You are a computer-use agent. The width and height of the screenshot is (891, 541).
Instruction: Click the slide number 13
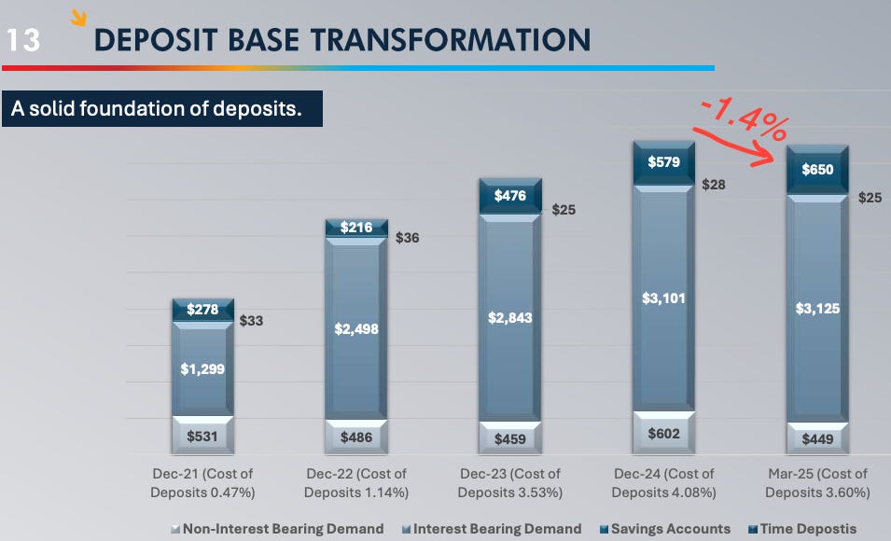[x=23, y=40]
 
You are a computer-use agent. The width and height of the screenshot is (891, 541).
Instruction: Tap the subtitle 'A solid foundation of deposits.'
[x=157, y=108]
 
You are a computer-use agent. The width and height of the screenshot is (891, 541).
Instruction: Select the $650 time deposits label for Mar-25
[x=817, y=170]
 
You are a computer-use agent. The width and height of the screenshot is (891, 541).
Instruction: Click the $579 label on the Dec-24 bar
[x=663, y=162]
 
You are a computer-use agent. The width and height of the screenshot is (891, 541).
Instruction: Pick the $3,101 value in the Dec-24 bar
[x=663, y=298]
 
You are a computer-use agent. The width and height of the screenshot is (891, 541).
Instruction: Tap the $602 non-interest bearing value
[x=663, y=433]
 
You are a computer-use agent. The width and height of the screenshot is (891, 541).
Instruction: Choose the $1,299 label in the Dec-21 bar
[x=202, y=368]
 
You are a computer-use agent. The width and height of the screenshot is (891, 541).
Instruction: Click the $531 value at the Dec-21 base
[x=202, y=437]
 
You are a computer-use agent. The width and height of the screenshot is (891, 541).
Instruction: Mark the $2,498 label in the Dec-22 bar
[x=355, y=328]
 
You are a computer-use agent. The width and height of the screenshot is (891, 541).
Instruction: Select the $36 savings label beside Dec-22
[x=408, y=238]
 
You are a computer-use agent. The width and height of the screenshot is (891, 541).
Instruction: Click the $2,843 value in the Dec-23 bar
[x=509, y=317]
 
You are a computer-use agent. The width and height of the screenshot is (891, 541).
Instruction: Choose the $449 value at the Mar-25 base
[x=817, y=438]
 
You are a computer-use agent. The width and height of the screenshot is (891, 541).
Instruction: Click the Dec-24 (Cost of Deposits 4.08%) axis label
[x=663, y=482]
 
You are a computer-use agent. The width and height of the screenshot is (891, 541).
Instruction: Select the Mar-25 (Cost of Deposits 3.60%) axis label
[x=817, y=482]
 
